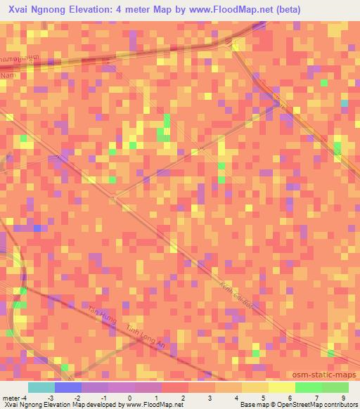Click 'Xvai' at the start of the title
point(20,10)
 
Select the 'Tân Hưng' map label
point(100,315)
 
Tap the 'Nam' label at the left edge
point(8,74)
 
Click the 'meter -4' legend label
point(15,397)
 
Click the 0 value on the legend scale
point(129,397)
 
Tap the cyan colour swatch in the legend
point(41,387)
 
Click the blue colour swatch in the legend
point(67,387)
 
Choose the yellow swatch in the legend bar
point(282,387)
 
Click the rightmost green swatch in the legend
point(335,387)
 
